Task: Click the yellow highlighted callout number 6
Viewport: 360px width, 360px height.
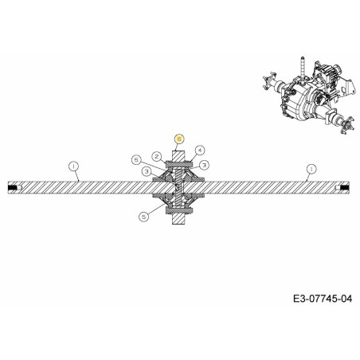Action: [x=180, y=138]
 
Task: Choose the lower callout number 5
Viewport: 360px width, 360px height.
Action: [x=143, y=215]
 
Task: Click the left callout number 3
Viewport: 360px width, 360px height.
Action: [x=147, y=171]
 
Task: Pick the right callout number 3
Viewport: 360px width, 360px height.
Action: [x=205, y=164]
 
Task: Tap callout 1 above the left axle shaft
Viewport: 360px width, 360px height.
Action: [x=73, y=166]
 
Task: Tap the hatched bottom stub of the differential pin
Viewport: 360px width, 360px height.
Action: [x=180, y=224]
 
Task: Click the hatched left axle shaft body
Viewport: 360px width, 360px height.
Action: [x=80, y=188]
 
